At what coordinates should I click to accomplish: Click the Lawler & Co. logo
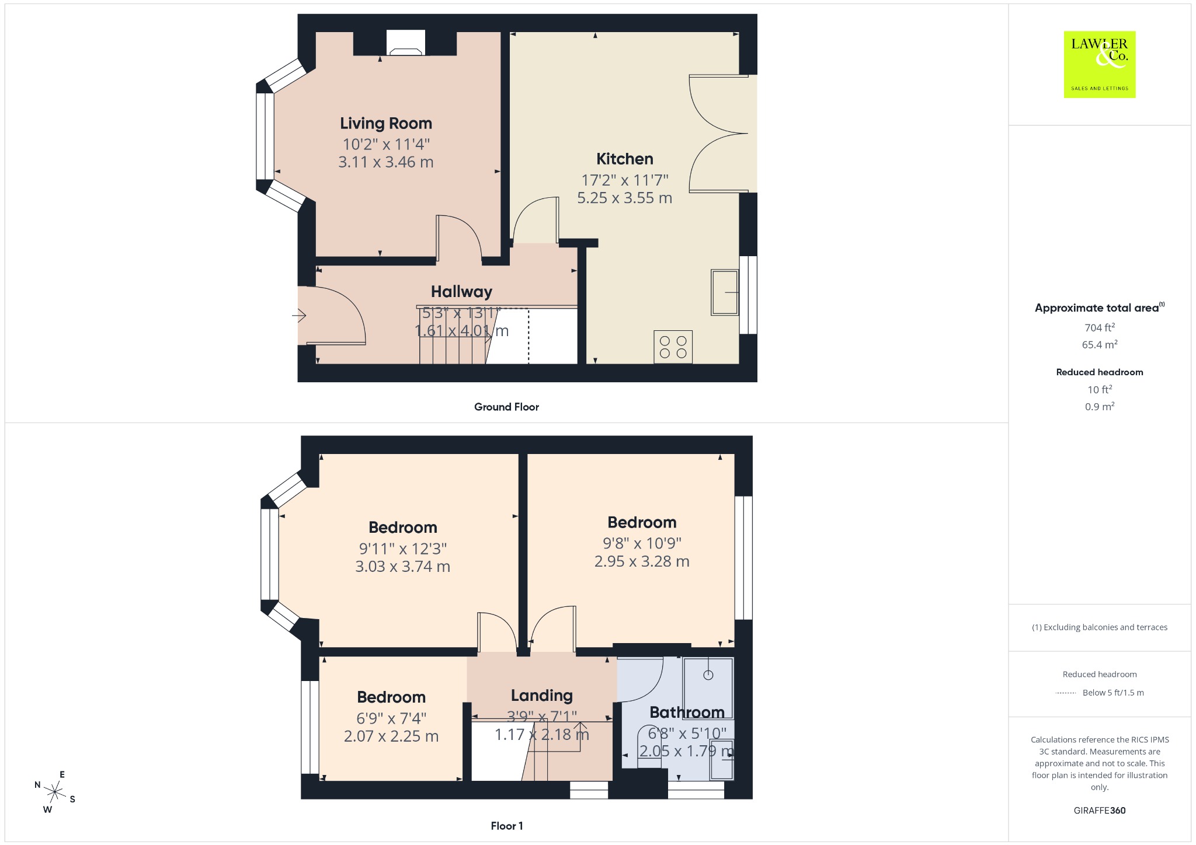1099,64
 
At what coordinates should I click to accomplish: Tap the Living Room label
386,124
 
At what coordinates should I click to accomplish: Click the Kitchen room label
624,159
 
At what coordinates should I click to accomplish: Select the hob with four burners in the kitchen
673,347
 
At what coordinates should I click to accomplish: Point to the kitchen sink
725,292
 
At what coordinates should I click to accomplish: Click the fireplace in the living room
406,43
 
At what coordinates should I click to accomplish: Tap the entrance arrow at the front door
299,316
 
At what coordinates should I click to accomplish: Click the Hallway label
461,291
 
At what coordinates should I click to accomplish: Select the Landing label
541,695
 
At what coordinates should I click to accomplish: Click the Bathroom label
687,712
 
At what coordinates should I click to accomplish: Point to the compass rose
55,792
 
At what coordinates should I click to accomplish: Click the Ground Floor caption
506,407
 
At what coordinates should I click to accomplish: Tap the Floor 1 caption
506,826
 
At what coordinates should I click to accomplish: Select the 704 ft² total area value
1100,327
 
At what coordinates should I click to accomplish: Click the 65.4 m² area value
1100,344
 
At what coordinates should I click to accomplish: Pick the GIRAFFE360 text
1100,810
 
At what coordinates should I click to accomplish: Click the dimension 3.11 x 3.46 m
386,162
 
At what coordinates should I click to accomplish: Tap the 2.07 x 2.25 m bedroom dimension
391,736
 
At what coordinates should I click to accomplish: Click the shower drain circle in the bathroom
708,675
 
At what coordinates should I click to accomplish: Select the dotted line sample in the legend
1066,693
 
